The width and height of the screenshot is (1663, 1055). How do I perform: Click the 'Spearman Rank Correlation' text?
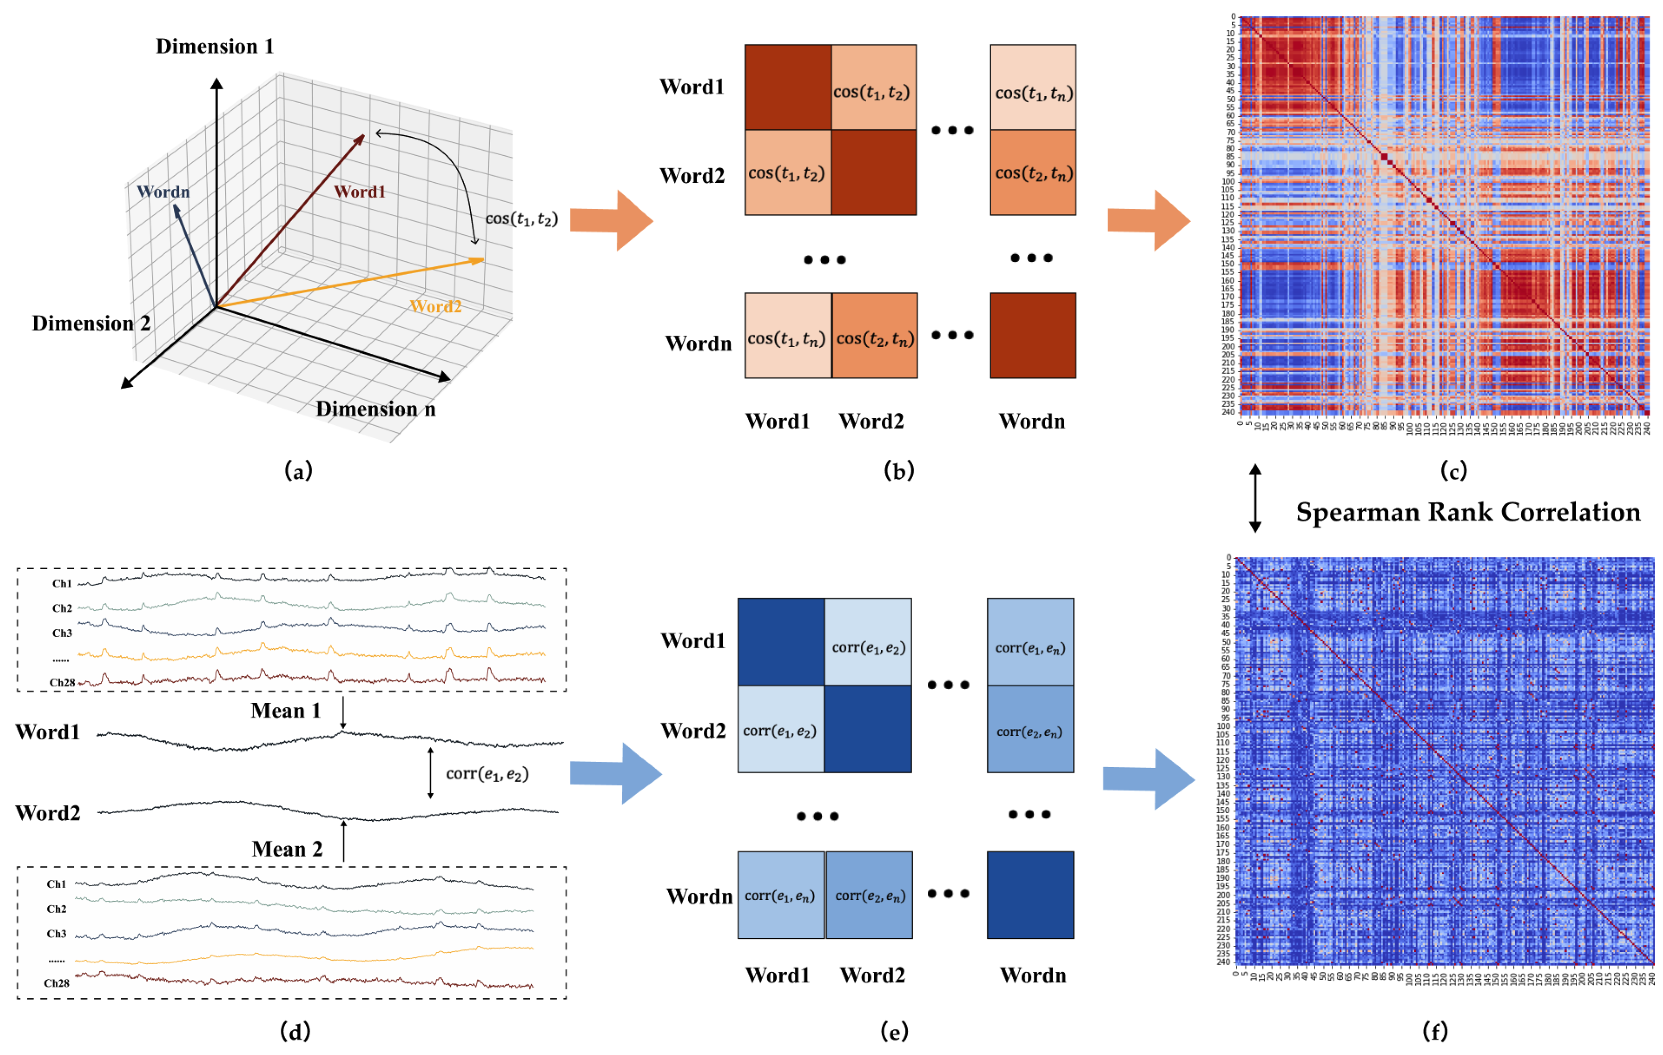1468,512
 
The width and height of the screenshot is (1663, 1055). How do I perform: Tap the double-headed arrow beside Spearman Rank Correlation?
1255,497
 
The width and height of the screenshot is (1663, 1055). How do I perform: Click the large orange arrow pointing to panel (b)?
611,220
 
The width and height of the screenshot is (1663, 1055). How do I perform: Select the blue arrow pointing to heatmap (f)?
1149,779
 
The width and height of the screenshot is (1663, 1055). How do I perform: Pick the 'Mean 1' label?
286,711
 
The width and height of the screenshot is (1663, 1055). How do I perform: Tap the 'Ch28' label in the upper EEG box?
62,682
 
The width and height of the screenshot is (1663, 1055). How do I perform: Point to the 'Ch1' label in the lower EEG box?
56,884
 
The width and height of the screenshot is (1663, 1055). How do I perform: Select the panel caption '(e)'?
894,1032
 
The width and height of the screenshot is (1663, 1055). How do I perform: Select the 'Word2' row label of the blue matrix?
693,731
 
